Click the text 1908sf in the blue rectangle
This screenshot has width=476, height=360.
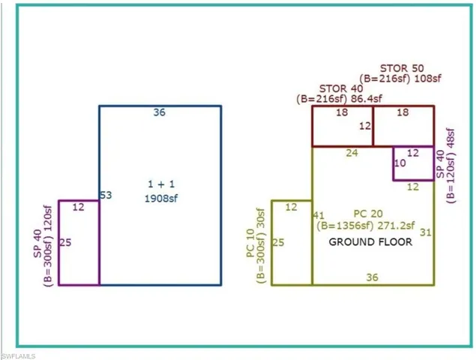161,199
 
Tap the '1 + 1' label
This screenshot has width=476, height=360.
161,184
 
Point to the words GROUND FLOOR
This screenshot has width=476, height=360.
370,242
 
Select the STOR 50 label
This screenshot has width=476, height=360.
402,68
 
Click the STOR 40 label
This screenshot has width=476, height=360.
341,88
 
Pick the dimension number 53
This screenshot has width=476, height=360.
106,195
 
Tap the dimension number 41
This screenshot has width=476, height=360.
319,215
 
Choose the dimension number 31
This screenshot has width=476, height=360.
426,232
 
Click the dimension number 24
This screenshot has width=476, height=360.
352,153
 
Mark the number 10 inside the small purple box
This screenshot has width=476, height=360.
400,163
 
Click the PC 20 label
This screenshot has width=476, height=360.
368,214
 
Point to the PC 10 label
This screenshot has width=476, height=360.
250,243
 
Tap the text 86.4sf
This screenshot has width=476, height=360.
367,99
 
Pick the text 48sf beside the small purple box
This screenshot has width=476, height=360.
451,138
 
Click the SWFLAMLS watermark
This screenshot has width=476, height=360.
18,356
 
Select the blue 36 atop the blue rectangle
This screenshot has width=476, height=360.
160,112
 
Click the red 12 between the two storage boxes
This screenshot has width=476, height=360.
365,126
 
